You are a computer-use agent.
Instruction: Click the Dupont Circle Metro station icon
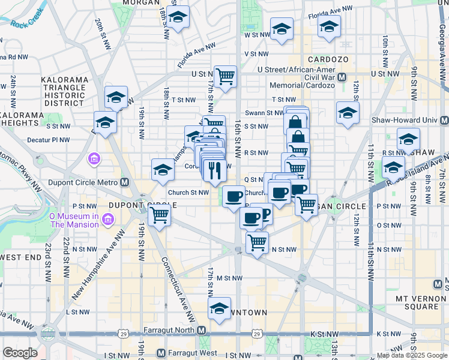(124, 182)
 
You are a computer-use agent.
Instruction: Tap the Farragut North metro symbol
(202, 331)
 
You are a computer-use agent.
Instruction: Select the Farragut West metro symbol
(160, 353)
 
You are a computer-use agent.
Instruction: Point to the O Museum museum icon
(109, 220)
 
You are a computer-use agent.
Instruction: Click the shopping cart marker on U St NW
(225, 76)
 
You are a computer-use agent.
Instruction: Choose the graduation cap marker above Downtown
(220, 308)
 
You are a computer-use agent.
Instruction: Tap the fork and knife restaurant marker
(213, 170)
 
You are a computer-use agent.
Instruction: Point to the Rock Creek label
(27, 25)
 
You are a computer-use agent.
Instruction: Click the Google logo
(20, 353)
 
